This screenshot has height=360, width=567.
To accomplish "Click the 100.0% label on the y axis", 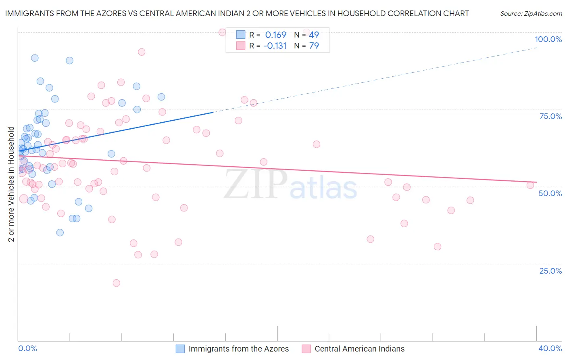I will tap(548, 39).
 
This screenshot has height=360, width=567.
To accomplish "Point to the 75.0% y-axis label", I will tap(550, 116).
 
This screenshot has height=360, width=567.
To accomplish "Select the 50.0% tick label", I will tap(550, 193).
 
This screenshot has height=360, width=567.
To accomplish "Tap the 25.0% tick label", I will tap(550, 271).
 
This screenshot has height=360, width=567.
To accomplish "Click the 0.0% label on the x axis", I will tap(27, 349).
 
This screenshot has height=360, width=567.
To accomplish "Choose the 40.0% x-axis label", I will tap(550, 349).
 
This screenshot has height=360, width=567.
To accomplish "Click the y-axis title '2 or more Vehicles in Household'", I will tap(11, 184).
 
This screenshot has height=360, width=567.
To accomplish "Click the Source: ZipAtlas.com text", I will tap(531, 14).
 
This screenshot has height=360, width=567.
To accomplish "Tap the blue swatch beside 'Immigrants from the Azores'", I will tap(180, 349).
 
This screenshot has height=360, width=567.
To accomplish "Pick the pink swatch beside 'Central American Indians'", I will tap(306, 349).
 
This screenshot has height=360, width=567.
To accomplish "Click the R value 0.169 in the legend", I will tap(275, 35).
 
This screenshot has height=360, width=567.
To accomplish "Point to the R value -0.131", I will tap(275, 46).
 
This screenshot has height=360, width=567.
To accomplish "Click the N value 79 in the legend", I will tap(314, 46).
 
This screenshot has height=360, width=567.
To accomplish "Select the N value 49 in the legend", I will tap(314, 35).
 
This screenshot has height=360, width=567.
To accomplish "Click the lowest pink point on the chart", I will tap(117, 283).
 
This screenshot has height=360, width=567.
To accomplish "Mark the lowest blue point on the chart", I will tap(60, 232).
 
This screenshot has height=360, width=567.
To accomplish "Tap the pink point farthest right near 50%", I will tap(530, 185).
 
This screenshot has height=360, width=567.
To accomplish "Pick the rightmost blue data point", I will tap(161, 97).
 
